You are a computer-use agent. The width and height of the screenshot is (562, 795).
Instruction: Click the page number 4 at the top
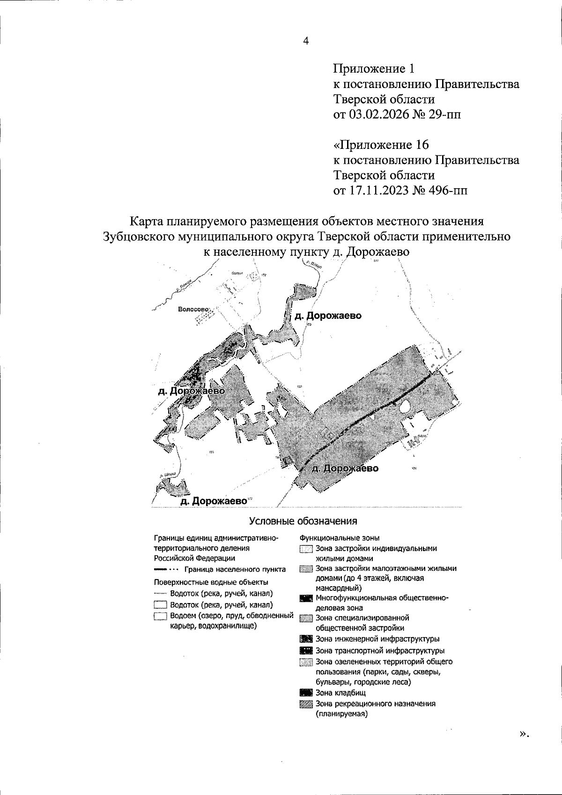pyautogui.click(x=306, y=41)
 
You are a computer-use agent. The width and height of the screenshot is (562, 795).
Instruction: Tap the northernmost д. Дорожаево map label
pyautogui.click(x=328, y=316)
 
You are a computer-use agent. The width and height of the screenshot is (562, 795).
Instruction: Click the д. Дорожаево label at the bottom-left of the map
pyautogui.click(x=214, y=501)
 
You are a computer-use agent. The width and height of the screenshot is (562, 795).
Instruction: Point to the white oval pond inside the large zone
pyautogui.click(x=406, y=406)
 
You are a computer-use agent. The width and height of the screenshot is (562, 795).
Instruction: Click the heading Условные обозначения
pyautogui.click(x=303, y=521)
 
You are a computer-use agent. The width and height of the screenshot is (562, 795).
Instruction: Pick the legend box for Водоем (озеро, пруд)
pyautogui.click(x=160, y=616)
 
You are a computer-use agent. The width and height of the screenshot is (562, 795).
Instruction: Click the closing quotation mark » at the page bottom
pyautogui.click(x=524, y=734)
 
